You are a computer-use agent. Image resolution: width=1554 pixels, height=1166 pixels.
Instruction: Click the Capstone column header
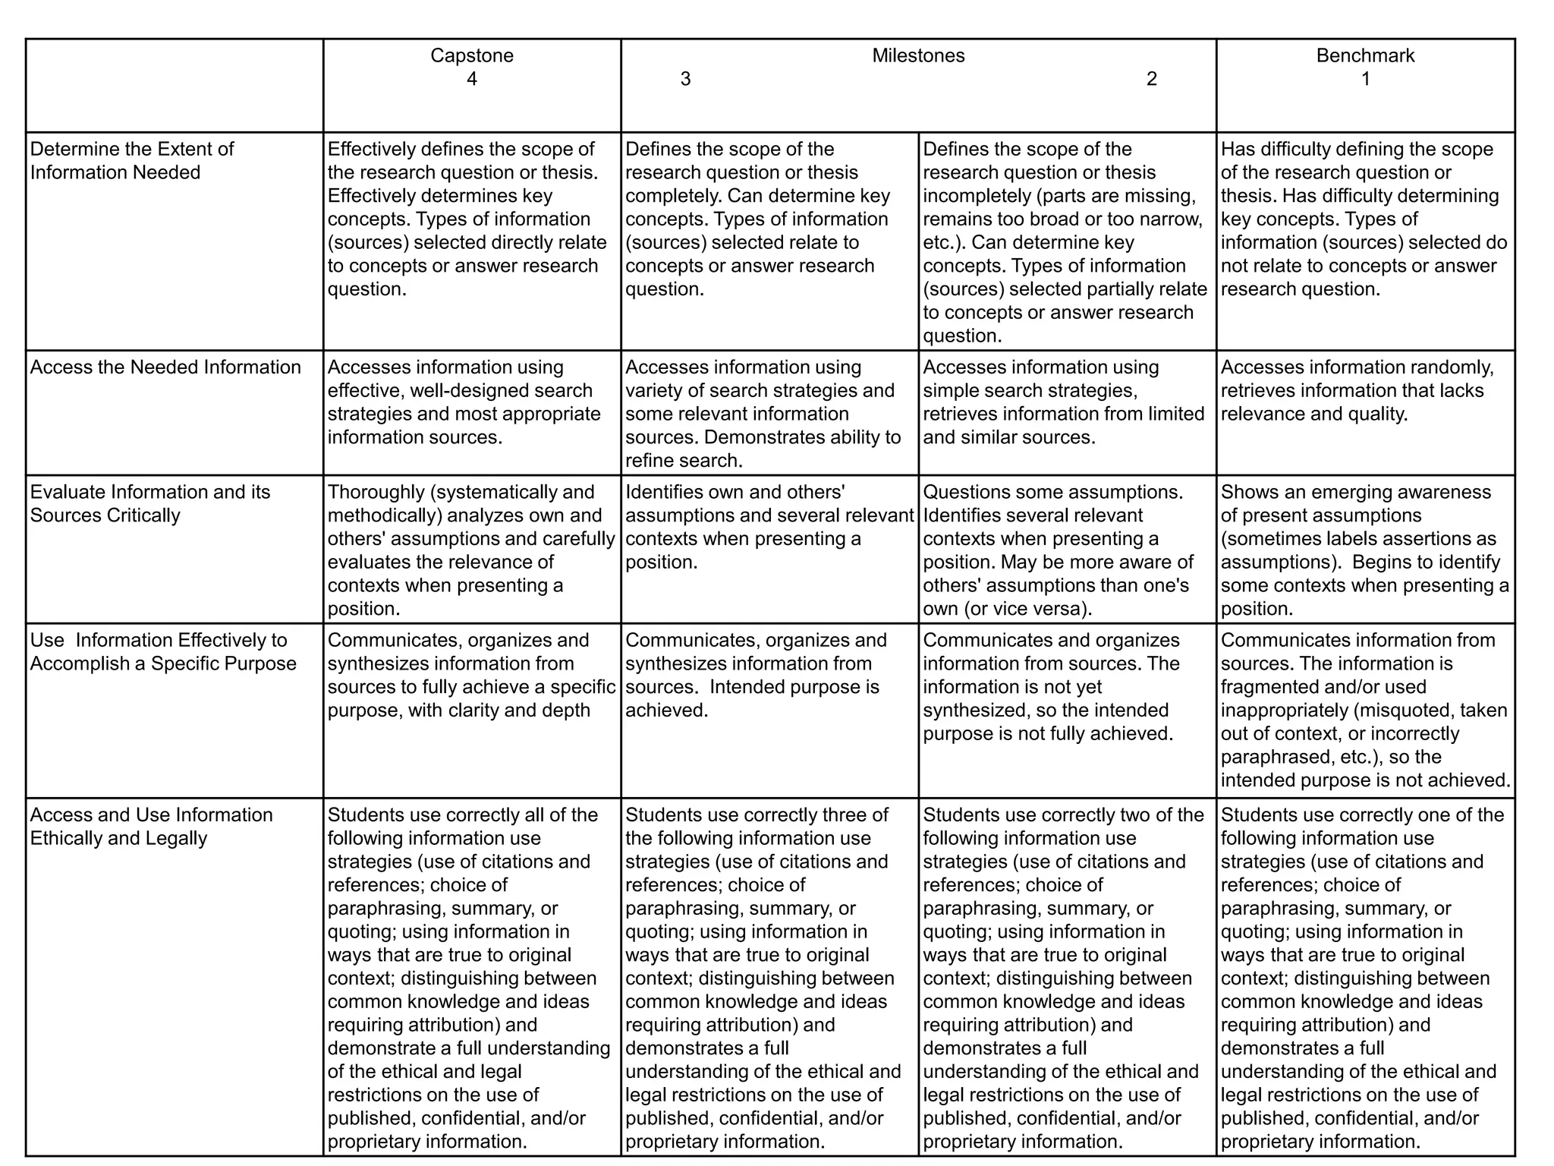coord(471,55)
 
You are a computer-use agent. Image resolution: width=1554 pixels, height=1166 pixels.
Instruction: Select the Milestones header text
coord(918,55)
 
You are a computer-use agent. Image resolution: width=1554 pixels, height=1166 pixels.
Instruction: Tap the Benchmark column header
coord(1365,55)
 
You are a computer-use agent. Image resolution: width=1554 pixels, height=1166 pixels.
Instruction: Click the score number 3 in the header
coord(685,79)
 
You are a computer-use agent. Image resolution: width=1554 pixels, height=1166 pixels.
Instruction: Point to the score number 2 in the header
coord(1151,79)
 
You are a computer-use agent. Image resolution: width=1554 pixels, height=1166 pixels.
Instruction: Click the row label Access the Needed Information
coord(165,367)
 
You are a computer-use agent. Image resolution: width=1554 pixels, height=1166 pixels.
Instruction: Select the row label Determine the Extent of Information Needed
coord(132,161)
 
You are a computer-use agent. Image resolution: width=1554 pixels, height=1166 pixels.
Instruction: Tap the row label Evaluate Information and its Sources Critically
coord(150,503)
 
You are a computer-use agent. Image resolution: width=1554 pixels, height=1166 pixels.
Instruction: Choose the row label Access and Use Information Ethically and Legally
coord(151,827)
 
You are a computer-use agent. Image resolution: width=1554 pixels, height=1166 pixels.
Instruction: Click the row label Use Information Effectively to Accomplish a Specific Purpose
coord(163,652)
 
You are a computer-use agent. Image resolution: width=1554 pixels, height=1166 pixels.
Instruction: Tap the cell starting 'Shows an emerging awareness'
coord(1364,550)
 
